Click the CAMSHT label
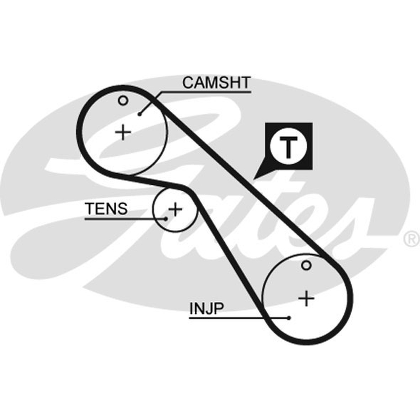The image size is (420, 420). click(216, 82)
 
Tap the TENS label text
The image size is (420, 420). click(106, 208)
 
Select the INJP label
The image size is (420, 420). click(206, 309)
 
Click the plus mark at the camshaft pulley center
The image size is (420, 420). click(123, 132)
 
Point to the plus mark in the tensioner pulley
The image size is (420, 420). click(175, 209)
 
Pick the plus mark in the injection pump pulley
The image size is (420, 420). click(306, 298)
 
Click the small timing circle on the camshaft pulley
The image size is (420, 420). click(123, 101)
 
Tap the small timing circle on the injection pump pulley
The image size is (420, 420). click(306, 266)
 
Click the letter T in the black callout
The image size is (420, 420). click(288, 147)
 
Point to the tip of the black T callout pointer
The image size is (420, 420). click(254, 179)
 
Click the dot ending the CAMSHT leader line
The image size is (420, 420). click(139, 114)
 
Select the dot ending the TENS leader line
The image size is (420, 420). click(166, 219)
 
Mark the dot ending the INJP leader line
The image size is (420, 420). click(288, 318)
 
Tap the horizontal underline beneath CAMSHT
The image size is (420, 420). click(206, 92)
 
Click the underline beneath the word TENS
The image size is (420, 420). click(125, 219)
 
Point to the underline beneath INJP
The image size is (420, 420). click(238, 318)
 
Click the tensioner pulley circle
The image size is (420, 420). click(153, 209)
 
